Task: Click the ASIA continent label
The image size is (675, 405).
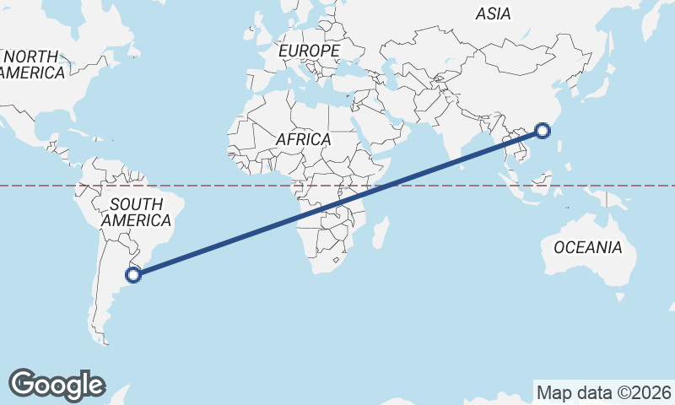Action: [x=494, y=13]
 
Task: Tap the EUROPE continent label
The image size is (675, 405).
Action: [x=309, y=51]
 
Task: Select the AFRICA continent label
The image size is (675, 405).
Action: [x=302, y=139]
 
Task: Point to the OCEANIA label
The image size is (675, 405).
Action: [x=588, y=247]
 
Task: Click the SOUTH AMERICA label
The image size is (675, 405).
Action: [x=136, y=212]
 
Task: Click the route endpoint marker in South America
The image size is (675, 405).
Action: [x=132, y=273]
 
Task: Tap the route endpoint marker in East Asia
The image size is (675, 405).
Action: [x=543, y=130]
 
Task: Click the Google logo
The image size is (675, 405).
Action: [x=57, y=384]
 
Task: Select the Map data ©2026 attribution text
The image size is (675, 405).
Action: [x=603, y=392]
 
